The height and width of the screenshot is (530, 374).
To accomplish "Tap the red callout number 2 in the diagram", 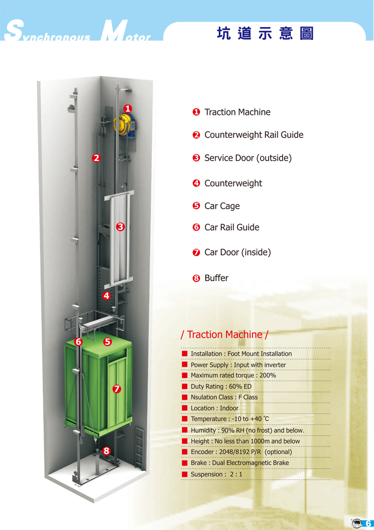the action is [96, 158].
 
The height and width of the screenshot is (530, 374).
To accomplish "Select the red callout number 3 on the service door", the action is [121, 227].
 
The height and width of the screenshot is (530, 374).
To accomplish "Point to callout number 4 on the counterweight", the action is [106, 296].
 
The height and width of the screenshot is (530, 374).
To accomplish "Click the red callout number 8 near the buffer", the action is [106, 451].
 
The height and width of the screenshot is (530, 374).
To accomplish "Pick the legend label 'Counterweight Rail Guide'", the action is [253, 135].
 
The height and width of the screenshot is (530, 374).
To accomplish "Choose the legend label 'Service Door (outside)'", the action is [248, 158].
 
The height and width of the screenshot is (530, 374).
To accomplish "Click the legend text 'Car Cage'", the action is [222, 206].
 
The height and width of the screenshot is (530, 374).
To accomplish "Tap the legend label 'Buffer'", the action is [216, 278].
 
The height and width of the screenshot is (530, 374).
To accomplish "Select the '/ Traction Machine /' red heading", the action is [224, 335].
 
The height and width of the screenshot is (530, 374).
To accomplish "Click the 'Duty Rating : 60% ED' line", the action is [221, 387].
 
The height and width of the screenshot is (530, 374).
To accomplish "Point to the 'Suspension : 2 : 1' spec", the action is [216, 474].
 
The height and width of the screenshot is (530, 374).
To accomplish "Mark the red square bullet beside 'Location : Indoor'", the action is [184, 408].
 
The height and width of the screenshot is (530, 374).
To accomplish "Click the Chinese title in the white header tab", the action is [265, 33].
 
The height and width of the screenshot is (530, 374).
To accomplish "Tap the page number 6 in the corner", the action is [368, 524].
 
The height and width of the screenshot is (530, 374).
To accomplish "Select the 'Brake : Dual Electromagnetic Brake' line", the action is [239, 463].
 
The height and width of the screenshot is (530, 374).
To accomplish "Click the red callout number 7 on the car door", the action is [116, 389].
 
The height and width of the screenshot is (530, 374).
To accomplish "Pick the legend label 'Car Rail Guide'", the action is [232, 227].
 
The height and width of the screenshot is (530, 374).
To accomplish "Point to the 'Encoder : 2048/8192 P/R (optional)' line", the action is [241, 452].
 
